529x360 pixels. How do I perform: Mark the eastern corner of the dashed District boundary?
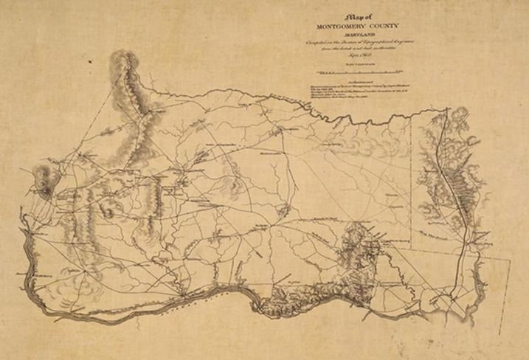pos(511,261)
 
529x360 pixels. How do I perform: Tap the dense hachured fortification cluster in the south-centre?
pos(358,247)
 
